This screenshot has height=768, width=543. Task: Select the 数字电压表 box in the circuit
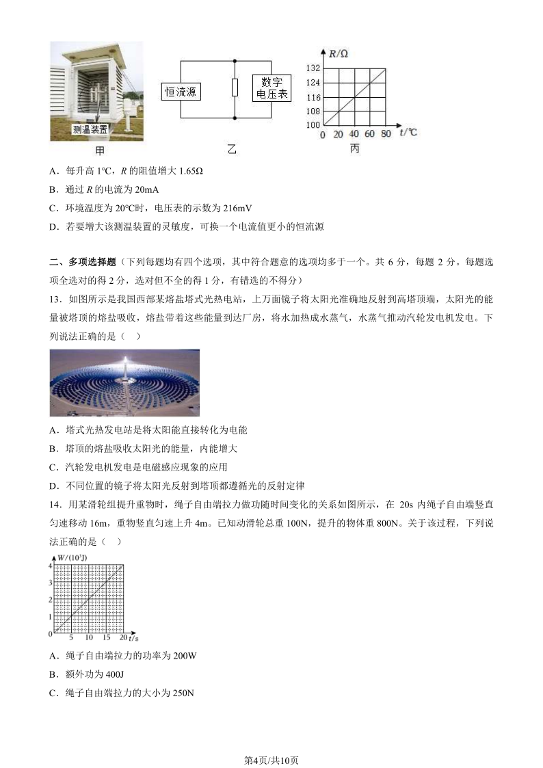(x=271, y=89)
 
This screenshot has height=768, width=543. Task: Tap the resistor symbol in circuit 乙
(x=234, y=88)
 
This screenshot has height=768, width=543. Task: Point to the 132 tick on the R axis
(x=313, y=68)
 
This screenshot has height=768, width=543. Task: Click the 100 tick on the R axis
(x=313, y=125)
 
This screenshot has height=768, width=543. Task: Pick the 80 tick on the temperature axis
(x=386, y=134)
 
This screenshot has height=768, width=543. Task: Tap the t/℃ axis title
(x=408, y=132)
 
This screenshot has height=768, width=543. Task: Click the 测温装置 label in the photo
(x=90, y=129)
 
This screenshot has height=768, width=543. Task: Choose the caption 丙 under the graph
(x=354, y=148)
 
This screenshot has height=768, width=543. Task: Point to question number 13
(x=56, y=298)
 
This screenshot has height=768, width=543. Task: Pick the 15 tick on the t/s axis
(x=106, y=637)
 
